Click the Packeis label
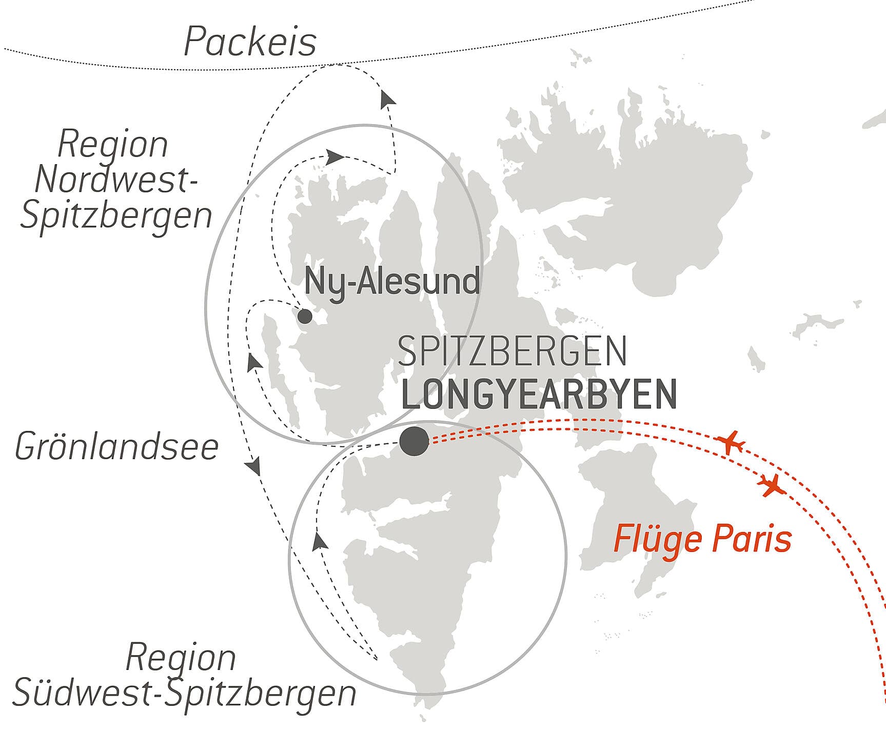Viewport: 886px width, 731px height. point(250,42)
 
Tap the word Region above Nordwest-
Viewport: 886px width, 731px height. point(113,145)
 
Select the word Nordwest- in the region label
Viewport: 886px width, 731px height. point(116,180)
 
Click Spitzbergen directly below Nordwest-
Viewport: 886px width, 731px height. point(116,215)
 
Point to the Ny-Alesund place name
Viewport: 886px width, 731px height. point(392,281)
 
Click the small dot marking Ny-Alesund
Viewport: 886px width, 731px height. point(305,316)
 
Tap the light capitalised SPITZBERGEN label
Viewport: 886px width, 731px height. point(512,351)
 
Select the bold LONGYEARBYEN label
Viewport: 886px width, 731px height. point(539,394)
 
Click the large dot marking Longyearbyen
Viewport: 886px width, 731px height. point(414,441)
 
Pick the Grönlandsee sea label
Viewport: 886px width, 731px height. point(117,447)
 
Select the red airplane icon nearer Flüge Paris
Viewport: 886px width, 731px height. point(771,485)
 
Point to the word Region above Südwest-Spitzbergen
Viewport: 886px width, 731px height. point(181,657)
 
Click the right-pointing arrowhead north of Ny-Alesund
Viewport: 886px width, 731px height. point(335,156)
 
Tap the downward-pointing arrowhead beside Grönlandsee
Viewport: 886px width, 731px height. point(253,467)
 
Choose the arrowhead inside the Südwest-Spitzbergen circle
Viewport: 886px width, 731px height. point(320,541)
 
